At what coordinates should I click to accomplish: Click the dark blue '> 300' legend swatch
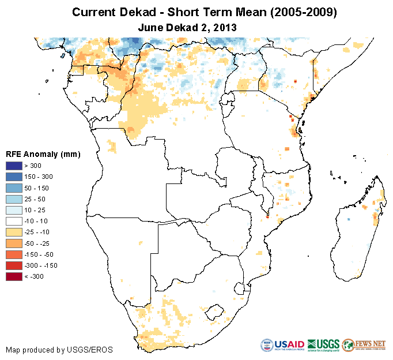tap(14, 166)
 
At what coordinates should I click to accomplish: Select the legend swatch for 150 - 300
tap(14, 177)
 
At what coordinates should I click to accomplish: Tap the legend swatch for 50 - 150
tap(14, 188)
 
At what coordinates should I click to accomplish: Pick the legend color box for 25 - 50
tap(14, 199)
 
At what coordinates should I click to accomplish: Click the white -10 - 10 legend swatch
tap(14, 221)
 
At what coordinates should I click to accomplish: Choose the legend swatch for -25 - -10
tap(14, 232)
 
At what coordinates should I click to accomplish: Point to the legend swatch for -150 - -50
tap(14, 254)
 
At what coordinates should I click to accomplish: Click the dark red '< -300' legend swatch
tap(14, 276)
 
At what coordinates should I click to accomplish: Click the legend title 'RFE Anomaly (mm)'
tap(43, 155)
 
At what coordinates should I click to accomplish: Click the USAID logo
tap(281, 346)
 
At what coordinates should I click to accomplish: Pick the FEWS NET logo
tap(364, 346)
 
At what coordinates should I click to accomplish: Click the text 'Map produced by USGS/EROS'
tap(59, 350)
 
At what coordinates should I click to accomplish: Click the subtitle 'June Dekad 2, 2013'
tap(188, 27)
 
